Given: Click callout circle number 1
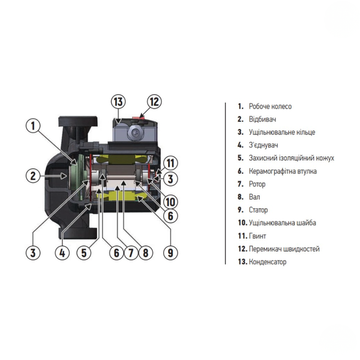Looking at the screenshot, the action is pyautogui.click(x=33, y=126).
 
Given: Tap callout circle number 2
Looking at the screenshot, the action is pyautogui.click(x=33, y=176).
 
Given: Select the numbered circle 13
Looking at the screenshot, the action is pyautogui.click(x=118, y=102).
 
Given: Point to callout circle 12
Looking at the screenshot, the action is pyautogui.click(x=154, y=102).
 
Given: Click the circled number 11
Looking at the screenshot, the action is pyautogui.click(x=170, y=163).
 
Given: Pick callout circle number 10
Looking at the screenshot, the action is pyautogui.click(x=170, y=202).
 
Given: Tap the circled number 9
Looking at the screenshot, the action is pyautogui.click(x=170, y=253).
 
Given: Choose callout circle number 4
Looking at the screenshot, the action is pyautogui.click(x=62, y=253).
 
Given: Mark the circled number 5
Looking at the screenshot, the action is pyautogui.click(x=84, y=253).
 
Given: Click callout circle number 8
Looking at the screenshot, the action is pyautogui.click(x=146, y=253).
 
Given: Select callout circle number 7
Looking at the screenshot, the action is pyautogui.click(x=131, y=253).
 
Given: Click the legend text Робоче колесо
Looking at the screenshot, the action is pyautogui.click(x=270, y=107).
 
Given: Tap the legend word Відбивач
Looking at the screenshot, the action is pyautogui.click(x=262, y=119).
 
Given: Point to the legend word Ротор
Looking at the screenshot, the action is pyautogui.click(x=257, y=184).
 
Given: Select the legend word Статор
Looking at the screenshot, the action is pyautogui.click(x=258, y=210).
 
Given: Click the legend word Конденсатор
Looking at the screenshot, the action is pyautogui.click(x=268, y=262).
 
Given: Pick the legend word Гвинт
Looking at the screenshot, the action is pyautogui.click(x=257, y=236).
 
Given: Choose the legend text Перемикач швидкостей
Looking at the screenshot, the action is pyautogui.click(x=284, y=249).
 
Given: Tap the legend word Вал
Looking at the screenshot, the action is pyautogui.click(x=254, y=197).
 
